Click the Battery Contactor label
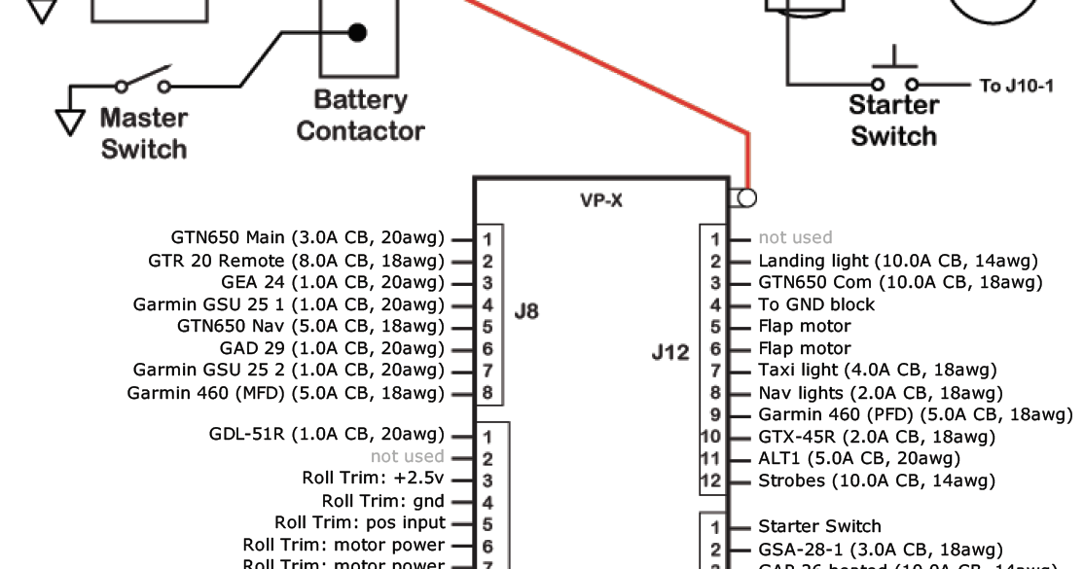pyautogui.click(x=360, y=116)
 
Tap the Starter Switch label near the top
pyautogui.click(x=893, y=121)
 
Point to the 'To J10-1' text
pyautogui.click(x=1016, y=86)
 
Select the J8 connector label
pyautogui.click(x=525, y=313)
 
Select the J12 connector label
pyautogui.click(x=670, y=352)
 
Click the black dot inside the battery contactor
pyautogui.click(x=358, y=33)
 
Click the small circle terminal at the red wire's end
pyautogui.click(x=746, y=197)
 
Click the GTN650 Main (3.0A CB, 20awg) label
pyautogui.click(x=307, y=237)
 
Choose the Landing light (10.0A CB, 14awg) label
pyautogui.click(x=897, y=261)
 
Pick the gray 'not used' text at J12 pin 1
pyautogui.click(x=795, y=237)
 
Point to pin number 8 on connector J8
pyautogui.click(x=488, y=394)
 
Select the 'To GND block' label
pyautogui.click(x=815, y=304)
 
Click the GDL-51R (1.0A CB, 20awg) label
pyautogui.click(x=326, y=434)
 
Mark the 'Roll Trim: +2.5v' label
pyautogui.click(x=374, y=479)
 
